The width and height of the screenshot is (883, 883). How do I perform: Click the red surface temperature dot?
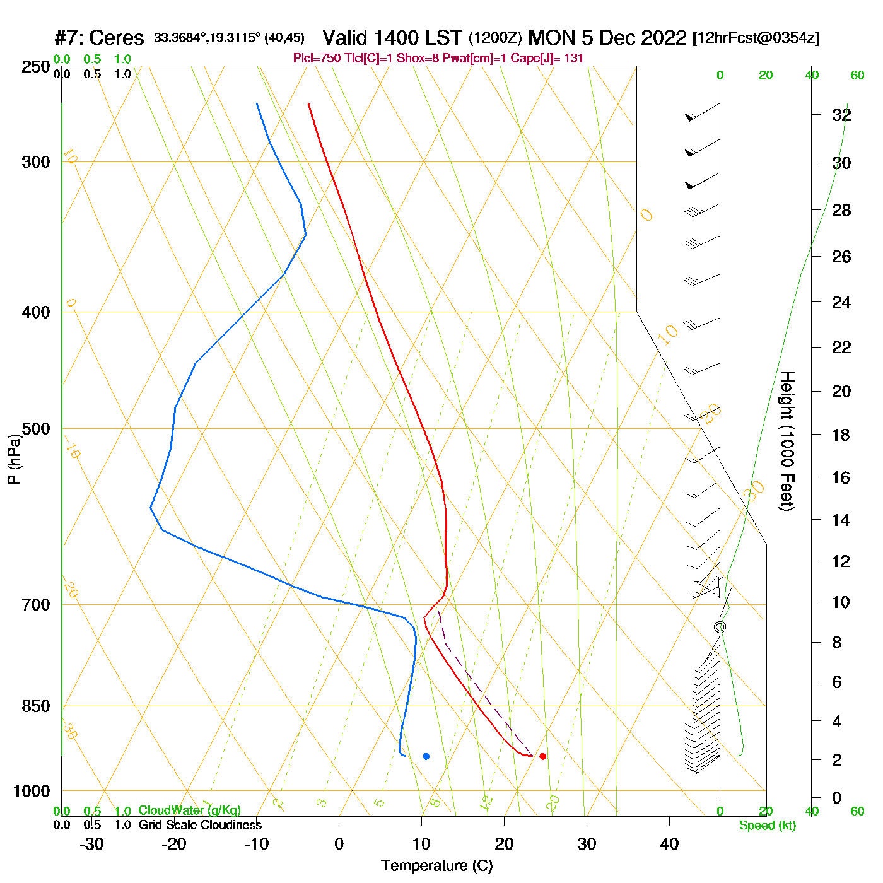[542, 756]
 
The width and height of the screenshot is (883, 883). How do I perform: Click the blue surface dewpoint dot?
[426, 756]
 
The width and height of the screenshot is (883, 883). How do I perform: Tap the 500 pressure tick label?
[36, 429]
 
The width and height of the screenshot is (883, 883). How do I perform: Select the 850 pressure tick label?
[36, 706]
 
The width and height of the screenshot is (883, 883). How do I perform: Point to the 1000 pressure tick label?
[32, 791]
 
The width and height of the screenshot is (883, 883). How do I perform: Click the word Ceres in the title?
[117, 38]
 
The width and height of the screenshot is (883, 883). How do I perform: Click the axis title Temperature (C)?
[436, 866]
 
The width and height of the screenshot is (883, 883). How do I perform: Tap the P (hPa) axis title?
[14, 459]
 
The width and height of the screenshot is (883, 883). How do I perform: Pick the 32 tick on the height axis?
[841, 115]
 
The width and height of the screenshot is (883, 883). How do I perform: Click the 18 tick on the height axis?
[841, 435]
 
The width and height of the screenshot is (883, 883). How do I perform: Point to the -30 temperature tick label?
[91, 844]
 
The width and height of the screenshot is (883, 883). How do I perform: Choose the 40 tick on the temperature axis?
[669, 844]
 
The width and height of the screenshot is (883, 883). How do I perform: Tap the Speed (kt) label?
[767, 826]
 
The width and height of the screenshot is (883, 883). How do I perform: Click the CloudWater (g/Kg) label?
[189, 810]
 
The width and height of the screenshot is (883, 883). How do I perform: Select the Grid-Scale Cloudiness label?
[200, 825]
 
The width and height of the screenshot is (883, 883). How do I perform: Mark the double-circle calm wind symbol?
[720, 627]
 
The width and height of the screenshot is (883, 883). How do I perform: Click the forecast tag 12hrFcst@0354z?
[756, 38]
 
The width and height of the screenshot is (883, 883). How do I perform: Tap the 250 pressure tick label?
[36, 67]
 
